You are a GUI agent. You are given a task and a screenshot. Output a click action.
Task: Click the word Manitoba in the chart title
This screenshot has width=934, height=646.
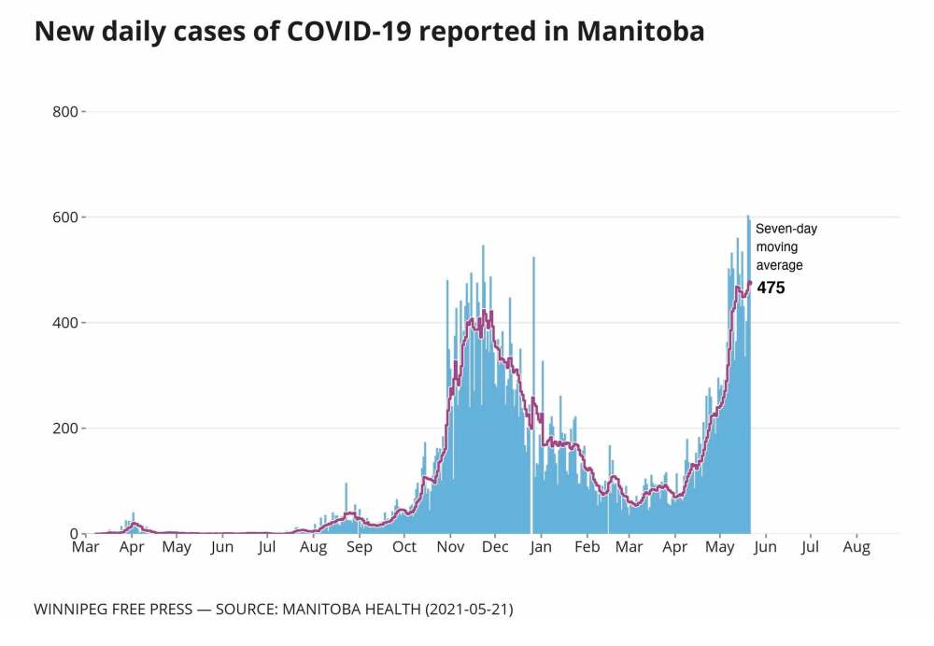pyautogui.click(x=640, y=32)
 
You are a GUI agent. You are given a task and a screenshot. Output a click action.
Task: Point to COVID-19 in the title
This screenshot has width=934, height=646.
pyautogui.click(x=333, y=32)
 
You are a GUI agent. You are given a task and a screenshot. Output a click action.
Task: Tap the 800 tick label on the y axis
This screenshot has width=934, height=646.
pyautogui.click(x=66, y=112)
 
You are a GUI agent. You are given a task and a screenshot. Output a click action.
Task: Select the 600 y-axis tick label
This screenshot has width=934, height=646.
pyautogui.click(x=66, y=218)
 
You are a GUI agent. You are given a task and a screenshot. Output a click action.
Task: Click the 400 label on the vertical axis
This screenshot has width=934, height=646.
pyautogui.click(x=66, y=323)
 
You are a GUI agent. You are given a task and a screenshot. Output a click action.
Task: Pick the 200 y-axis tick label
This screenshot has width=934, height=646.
pyautogui.click(x=66, y=428)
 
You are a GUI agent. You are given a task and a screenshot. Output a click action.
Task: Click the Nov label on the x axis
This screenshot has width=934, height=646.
pyautogui.click(x=451, y=547)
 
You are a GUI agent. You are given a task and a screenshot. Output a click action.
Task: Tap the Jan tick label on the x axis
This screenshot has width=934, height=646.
pyautogui.click(x=541, y=547)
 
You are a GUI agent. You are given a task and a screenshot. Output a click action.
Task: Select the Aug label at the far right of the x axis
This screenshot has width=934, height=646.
pyautogui.click(x=856, y=547)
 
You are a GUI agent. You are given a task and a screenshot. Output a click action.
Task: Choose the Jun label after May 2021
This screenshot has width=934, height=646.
pyautogui.click(x=766, y=547)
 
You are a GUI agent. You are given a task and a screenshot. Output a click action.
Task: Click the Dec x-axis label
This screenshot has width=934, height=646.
pyautogui.click(x=495, y=547)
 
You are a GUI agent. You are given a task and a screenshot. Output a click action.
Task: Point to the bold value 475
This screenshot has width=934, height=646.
pyautogui.click(x=771, y=288)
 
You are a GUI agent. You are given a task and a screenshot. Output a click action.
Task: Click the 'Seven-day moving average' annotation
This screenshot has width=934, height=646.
pyautogui.click(x=785, y=246)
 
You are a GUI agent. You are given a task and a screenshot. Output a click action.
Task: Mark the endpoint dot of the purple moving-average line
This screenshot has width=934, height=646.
pyautogui.click(x=749, y=283)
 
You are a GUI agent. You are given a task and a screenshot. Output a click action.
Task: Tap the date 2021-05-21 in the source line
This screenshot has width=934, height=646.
pyautogui.click(x=468, y=610)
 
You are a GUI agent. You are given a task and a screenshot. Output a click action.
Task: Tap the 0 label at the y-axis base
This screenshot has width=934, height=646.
pyautogui.click(x=75, y=534)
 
